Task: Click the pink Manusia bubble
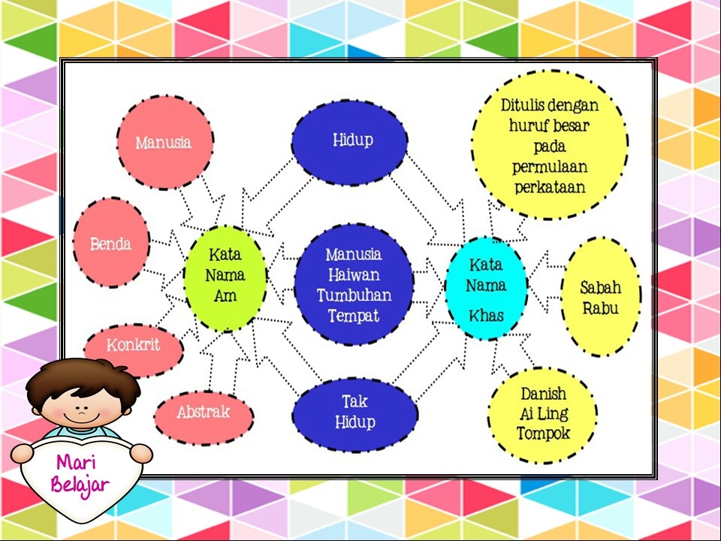164,142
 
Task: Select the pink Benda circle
111,243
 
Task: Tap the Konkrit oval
133,346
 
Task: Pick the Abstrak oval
204,413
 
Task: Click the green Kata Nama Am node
225,275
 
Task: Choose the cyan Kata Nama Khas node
486,289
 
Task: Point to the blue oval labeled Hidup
351,141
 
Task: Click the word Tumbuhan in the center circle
354,295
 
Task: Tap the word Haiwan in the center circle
354,275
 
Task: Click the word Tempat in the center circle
354,316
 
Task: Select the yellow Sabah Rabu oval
600,297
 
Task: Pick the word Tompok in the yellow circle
543,434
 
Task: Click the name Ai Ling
543,414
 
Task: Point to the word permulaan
550,166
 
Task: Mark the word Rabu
600,308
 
